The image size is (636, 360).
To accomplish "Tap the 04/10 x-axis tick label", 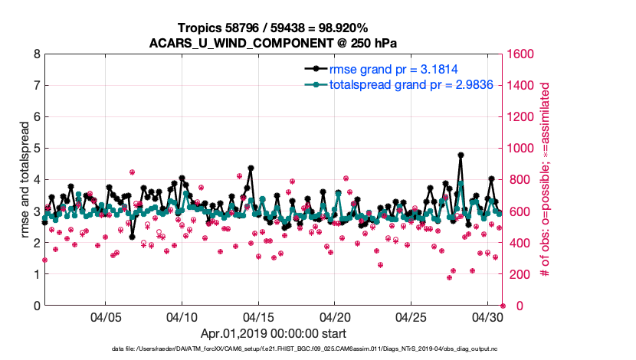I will (182, 317).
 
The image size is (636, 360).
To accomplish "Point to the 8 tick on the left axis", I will (36, 54).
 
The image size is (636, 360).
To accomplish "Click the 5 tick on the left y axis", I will (36, 149).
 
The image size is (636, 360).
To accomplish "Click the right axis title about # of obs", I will (546, 180).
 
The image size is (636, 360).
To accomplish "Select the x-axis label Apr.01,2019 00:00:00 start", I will (274, 334).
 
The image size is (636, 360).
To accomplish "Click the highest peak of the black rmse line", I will (461, 155).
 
